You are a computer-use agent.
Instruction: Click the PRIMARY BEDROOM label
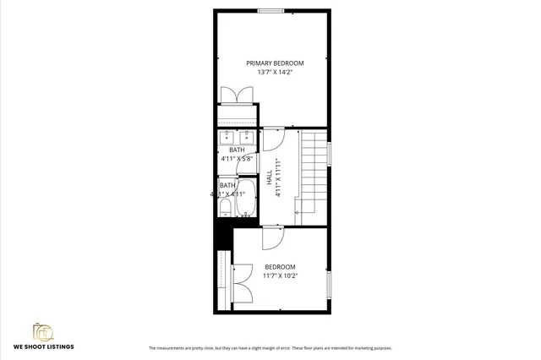click(275, 63)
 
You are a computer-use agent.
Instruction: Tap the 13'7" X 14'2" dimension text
click(275, 73)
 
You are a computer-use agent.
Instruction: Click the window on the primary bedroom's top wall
click(270, 10)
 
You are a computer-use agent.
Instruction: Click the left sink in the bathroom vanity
click(227, 137)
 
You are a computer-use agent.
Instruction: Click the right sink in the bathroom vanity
click(248, 137)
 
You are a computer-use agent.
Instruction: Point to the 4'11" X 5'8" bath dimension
click(237, 158)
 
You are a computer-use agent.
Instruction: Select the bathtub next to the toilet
click(246, 198)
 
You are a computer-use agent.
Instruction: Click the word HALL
click(270, 178)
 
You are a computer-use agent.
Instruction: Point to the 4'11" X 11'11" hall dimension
click(277, 177)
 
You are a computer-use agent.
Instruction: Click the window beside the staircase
click(330, 153)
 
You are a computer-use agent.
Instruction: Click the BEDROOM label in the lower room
click(280, 266)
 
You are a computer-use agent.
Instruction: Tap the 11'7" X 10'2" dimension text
click(280, 275)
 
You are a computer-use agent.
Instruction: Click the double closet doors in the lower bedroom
click(240, 283)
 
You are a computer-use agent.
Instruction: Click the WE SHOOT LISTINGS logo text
click(43, 346)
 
